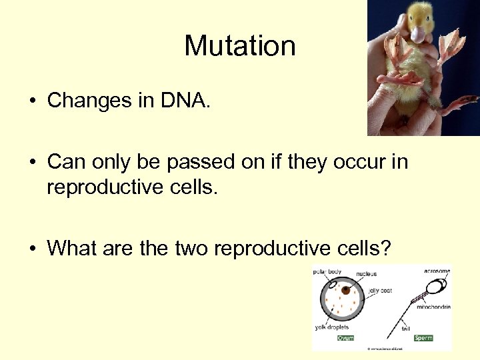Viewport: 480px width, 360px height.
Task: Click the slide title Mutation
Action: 240,46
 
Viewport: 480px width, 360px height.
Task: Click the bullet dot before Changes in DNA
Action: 32,101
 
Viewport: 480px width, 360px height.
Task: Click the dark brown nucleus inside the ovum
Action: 345,290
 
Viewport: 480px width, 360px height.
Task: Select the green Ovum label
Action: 346,338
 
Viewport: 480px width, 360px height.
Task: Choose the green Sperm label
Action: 423,338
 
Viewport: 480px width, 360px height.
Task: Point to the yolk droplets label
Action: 331,327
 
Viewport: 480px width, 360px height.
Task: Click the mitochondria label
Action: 433,307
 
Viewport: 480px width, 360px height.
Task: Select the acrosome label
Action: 437,271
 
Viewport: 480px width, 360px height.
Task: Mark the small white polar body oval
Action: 330,285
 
